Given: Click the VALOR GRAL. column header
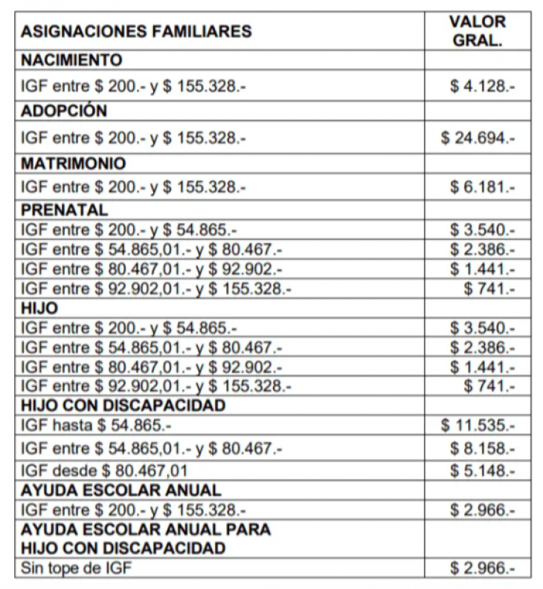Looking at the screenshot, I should pyautogui.click(x=478, y=30).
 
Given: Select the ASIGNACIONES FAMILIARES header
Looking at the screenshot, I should pyautogui.click(x=137, y=32).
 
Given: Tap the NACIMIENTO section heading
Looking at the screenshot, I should pyautogui.click(x=71, y=60).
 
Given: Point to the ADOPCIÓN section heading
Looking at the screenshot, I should pyautogui.click(x=65, y=111).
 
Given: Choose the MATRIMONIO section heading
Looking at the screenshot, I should pyautogui.click(x=74, y=163).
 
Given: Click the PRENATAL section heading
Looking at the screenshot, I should pyautogui.click(x=65, y=210).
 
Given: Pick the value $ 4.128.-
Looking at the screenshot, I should pyautogui.click(x=482, y=86).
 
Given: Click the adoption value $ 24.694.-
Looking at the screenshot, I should pyautogui.click(x=478, y=138).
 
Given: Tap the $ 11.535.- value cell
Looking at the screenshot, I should pyautogui.click(x=478, y=426).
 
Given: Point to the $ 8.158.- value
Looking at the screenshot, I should pyautogui.click(x=482, y=449).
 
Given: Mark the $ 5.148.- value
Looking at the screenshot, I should pyautogui.click(x=482, y=470).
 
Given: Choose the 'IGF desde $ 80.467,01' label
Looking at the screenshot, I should pyautogui.click(x=104, y=470).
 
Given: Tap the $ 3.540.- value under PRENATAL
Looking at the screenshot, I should pyautogui.click(x=482, y=230).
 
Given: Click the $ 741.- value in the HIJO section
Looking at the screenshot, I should pyautogui.click(x=489, y=385).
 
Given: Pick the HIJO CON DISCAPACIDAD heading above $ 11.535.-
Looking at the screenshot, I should pyautogui.click(x=123, y=406).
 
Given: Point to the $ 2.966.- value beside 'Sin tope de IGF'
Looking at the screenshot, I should pyautogui.click(x=482, y=569).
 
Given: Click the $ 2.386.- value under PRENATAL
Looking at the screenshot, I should pyautogui.click(x=482, y=249).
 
